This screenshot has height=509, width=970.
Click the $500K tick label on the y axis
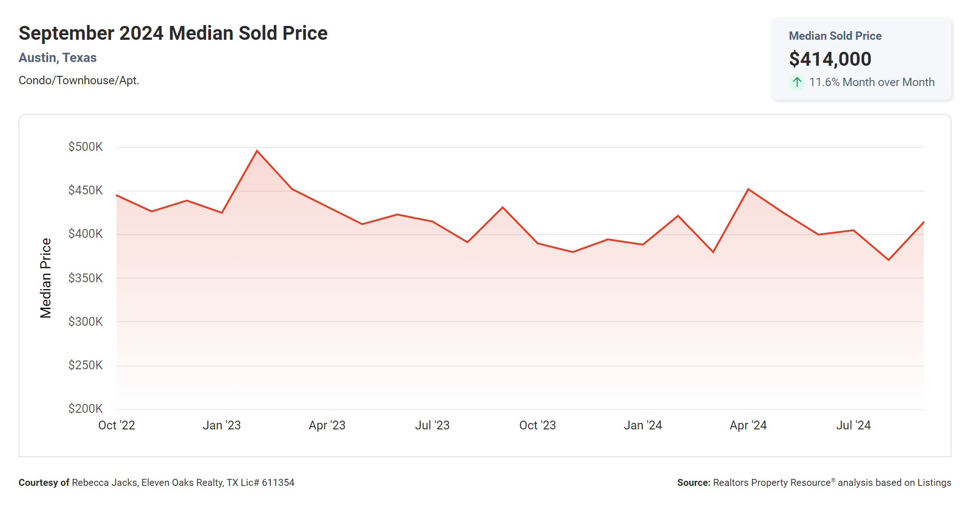click(86, 147)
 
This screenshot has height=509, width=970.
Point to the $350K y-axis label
click(86, 278)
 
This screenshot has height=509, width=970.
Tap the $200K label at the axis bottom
click(86, 409)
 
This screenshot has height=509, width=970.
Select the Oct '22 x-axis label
click(117, 425)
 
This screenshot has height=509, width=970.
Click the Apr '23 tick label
click(327, 425)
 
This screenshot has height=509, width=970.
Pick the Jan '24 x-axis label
click(643, 425)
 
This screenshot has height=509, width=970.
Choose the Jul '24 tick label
click(853, 425)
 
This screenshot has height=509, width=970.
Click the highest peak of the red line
click(257, 151)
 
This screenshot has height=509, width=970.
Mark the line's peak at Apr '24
click(748, 189)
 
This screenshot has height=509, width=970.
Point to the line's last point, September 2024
click(923, 223)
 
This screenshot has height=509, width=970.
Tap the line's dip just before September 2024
click(889, 260)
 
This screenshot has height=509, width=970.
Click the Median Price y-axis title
click(45, 278)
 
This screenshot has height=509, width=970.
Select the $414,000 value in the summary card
click(830, 59)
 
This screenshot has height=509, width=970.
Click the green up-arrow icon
click(797, 82)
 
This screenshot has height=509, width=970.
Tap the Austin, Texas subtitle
click(57, 58)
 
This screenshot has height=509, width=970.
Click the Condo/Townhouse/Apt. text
click(79, 81)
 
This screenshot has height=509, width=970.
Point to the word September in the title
click(66, 33)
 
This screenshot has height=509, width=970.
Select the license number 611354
click(278, 483)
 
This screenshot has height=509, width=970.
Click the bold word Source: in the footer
click(693, 483)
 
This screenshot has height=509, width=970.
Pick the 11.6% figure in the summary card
click(824, 82)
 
